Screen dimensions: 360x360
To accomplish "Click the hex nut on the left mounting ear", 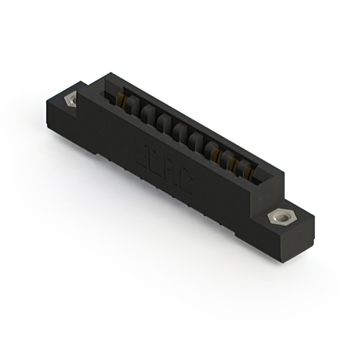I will click(71, 100).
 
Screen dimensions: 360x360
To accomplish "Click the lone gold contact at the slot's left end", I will click(120, 101).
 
